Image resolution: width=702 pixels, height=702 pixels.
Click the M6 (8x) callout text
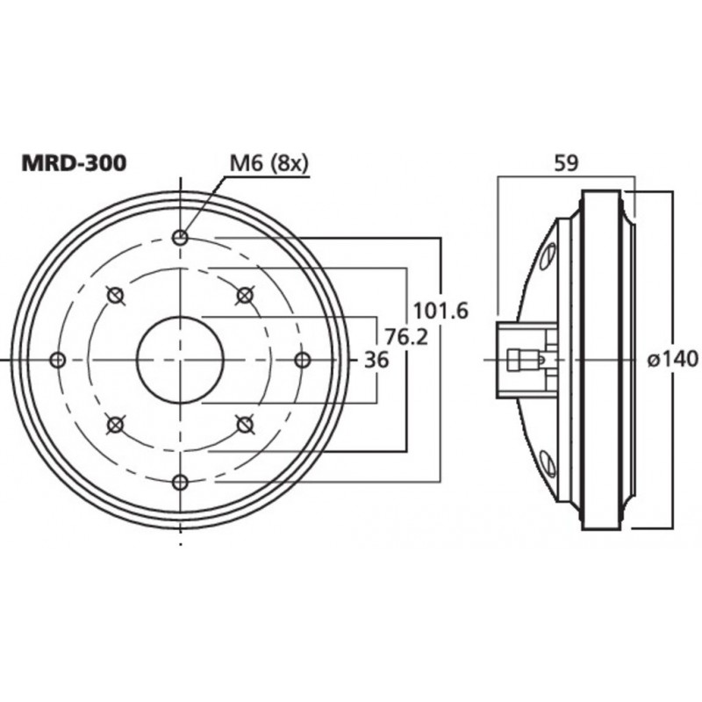(269, 163)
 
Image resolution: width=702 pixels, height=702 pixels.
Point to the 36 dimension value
(375, 360)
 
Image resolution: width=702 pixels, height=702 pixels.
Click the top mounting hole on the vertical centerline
(180, 237)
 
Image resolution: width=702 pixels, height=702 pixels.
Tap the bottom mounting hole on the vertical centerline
(180, 481)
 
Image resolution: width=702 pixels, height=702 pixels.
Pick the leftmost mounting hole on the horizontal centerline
(58, 360)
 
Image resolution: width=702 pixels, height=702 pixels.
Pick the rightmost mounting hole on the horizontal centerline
(302, 360)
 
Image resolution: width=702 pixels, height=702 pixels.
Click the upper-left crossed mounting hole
(113, 294)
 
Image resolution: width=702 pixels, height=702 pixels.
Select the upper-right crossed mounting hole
(246, 294)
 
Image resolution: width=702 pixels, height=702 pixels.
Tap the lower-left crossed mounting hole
(113, 426)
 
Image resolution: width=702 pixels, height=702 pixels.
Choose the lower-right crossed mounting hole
(246, 426)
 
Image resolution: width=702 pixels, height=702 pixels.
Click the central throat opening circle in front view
(180, 360)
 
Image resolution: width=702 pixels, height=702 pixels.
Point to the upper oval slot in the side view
(548, 255)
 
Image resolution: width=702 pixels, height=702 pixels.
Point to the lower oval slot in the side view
(548, 462)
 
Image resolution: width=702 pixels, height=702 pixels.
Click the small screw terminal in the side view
(525, 360)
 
